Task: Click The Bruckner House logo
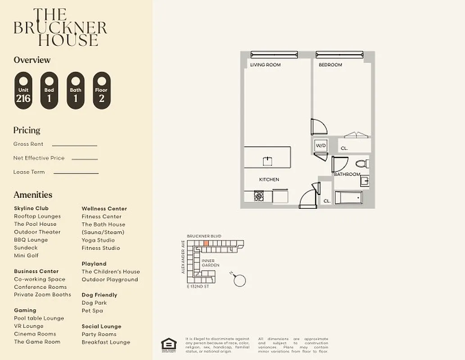pos(60,27)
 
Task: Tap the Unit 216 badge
pos(23,91)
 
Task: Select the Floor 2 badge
pos(102,91)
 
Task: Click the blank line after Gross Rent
pos(75,145)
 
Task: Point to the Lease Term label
pos(29,172)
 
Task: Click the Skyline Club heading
pos(31,208)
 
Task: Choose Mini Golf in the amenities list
pos(26,256)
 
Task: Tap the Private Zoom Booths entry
pos(42,295)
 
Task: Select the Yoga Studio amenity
pos(98,240)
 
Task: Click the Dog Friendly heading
pos(99,295)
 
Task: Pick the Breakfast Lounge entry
pos(106,342)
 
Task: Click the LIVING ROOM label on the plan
pos(265,65)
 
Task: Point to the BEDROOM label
pos(330,65)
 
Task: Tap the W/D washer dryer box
pos(321,146)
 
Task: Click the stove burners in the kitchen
pos(258,196)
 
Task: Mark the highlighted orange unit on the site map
pos(206,243)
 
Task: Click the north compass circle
pos(240,281)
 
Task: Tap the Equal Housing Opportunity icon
pos(169,344)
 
